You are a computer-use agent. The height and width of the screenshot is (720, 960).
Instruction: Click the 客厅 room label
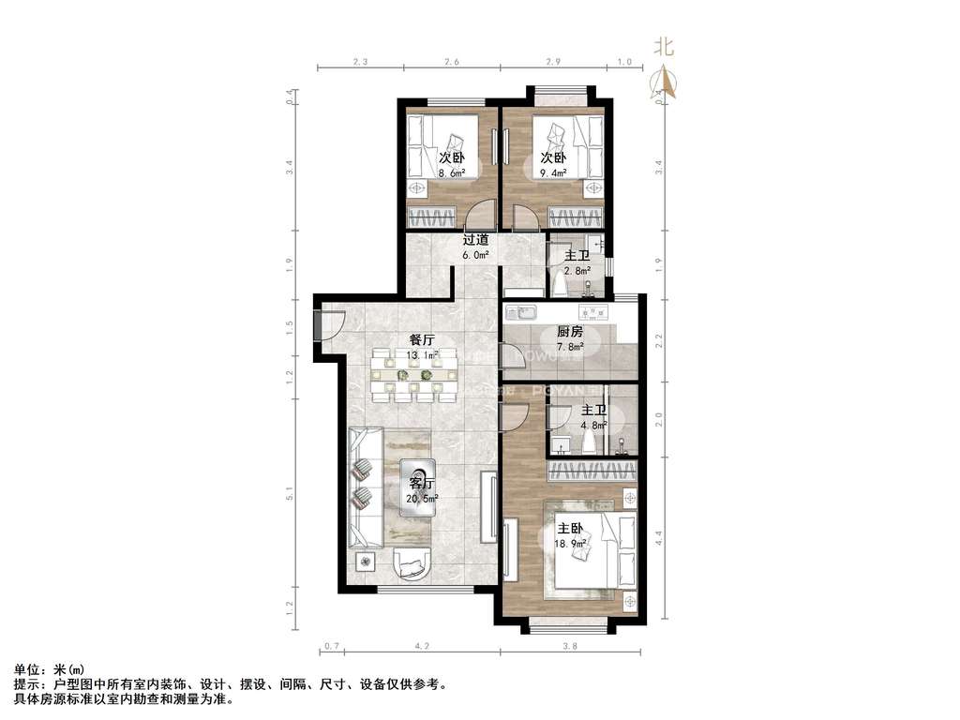(x=423, y=484)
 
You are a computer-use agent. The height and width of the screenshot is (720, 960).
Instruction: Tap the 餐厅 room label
(x=421, y=340)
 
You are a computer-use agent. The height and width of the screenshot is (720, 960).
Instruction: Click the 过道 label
(x=475, y=240)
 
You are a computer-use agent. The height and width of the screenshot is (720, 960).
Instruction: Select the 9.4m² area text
(x=553, y=173)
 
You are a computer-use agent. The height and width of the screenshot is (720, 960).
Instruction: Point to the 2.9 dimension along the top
(x=553, y=63)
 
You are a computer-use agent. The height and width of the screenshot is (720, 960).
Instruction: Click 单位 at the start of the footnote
(x=28, y=669)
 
